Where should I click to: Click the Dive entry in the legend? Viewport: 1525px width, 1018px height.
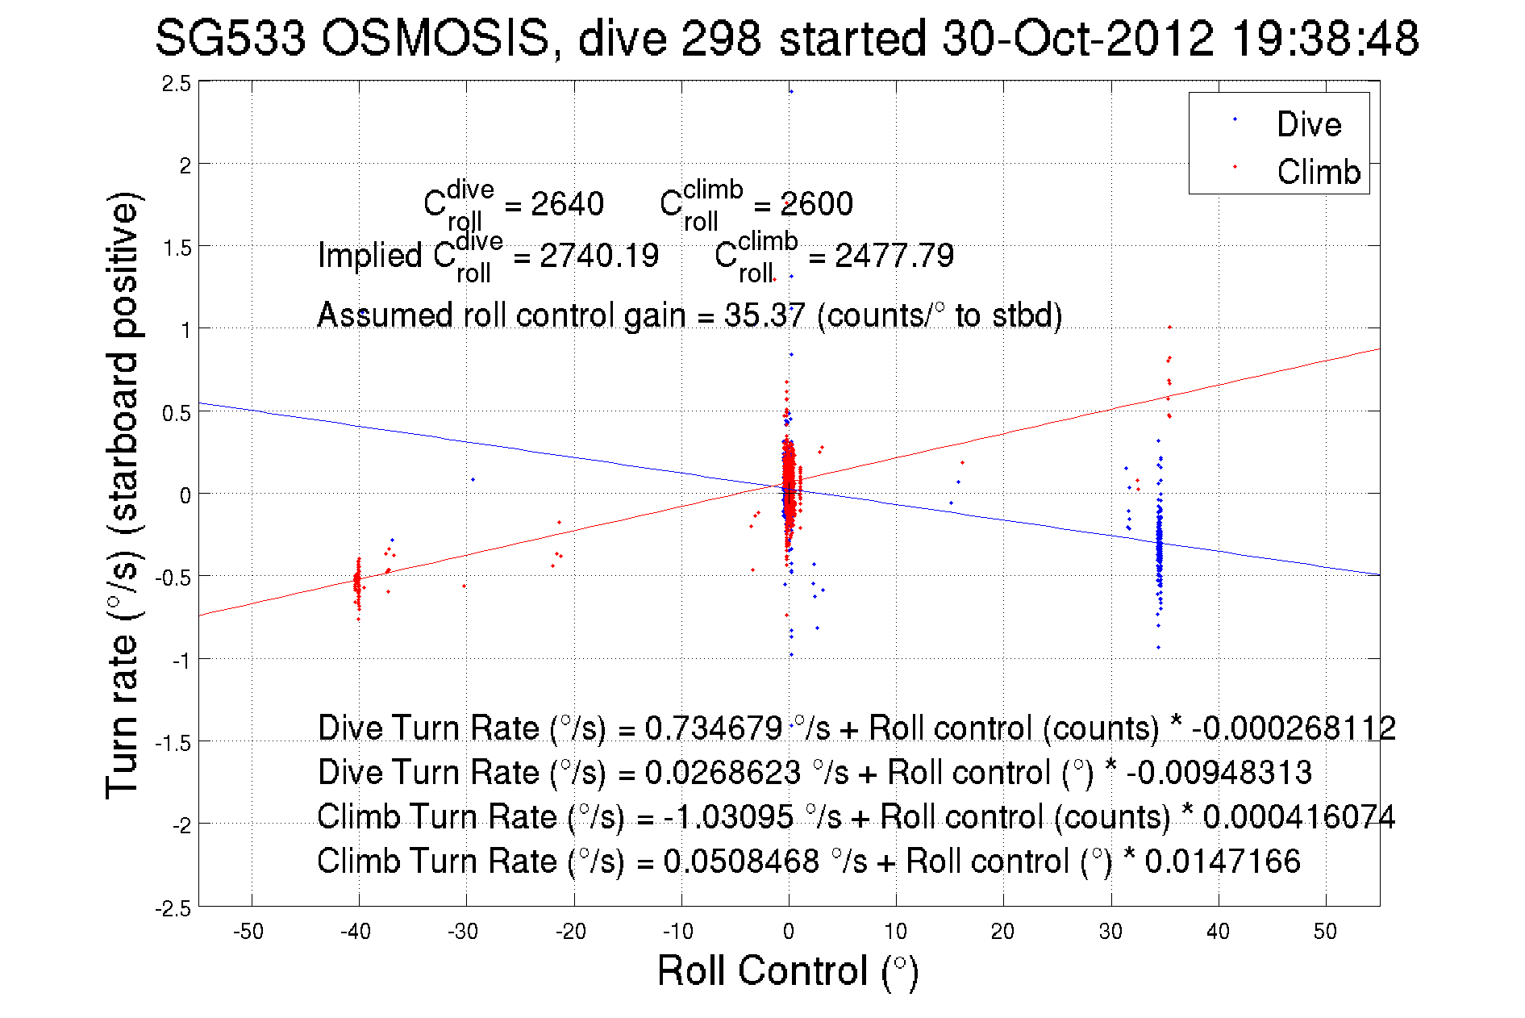pyautogui.click(x=1308, y=124)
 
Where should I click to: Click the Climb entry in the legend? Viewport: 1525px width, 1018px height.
pyautogui.click(x=1318, y=172)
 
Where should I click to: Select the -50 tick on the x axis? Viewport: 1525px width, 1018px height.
pyautogui.click(x=248, y=932)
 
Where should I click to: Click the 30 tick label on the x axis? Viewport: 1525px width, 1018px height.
pyautogui.click(x=1110, y=932)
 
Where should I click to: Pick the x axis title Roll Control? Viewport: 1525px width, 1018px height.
pyautogui.click(x=787, y=970)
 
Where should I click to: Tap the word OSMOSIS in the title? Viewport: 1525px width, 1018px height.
pyautogui.click(x=435, y=39)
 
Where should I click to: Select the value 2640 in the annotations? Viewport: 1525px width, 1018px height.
pyautogui.click(x=567, y=204)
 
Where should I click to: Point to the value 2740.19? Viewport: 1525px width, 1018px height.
pyautogui.click(x=598, y=256)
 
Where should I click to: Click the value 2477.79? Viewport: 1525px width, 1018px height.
pyautogui.click(x=894, y=256)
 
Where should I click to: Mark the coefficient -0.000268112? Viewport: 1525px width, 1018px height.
pyautogui.click(x=1294, y=728)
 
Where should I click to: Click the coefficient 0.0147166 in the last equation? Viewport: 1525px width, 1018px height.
pyautogui.click(x=1222, y=861)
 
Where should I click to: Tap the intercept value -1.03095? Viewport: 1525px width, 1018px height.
pyautogui.click(x=728, y=816)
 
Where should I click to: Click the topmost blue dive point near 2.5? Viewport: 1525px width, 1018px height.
pyautogui.click(x=791, y=91)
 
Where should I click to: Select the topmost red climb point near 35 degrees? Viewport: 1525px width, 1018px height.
pyautogui.click(x=1169, y=328)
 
